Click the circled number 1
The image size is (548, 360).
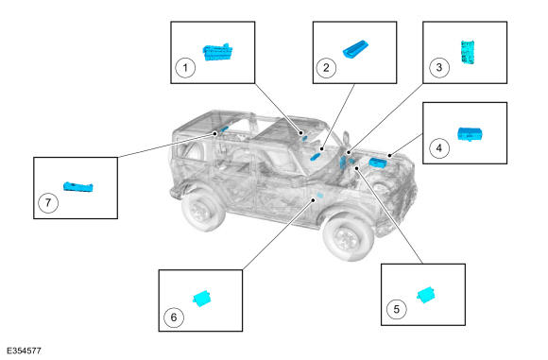click(185, 67)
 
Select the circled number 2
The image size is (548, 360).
click(326, 67)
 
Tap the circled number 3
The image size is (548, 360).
click(439, 67)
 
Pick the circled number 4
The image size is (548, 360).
click(439, 147)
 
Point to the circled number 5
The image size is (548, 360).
click(396, 309)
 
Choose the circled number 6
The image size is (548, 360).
click(174, 317)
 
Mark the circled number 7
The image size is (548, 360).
click(48, 202)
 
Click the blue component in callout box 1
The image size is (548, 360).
click(217, 52)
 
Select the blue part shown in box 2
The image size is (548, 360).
click(355, 49)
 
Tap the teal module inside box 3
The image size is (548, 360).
click(468, 52)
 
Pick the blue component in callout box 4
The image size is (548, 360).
click(471, 134)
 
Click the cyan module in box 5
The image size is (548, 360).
click(426, 295)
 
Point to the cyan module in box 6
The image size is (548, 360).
click(203, 299)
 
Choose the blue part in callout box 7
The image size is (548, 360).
click(78, 187)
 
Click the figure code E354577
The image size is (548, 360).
click(24, 351)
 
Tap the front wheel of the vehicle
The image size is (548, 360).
click(348, 236)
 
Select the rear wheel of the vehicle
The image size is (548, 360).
click(202, 209)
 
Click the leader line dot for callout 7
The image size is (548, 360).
click(215, 133)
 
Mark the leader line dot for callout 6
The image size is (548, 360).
click(314, 200)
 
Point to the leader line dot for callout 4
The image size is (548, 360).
click(389, 155)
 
